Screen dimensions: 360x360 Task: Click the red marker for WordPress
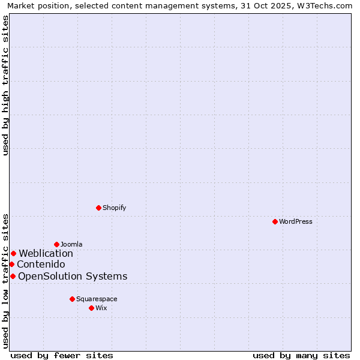click(275, 221)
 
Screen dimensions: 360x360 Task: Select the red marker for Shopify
click(98, 208)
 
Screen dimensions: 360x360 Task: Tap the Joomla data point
click(56, 244)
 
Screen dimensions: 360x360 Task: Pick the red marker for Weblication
click(13, 253)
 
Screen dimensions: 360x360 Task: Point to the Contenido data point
click(11, 264)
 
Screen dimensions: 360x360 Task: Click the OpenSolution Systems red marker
click(13, 276)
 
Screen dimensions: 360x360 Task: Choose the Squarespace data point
click(72, 299)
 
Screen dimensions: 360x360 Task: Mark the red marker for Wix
click(91, 308)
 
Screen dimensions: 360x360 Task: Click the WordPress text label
click(296, 221)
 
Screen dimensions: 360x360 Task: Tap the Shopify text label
click(114, 208)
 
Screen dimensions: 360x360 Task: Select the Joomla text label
click(71, 244)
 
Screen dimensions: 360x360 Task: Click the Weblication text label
click(46, 253)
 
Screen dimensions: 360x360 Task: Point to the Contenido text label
click(41, 264)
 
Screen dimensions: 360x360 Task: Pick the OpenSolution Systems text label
click(73, 276)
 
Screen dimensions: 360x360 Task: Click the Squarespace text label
click(97, 299)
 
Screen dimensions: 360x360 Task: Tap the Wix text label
click(101, 308)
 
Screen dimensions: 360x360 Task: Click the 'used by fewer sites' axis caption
click(62, 355)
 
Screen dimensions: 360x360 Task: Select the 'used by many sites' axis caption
click(301, 355)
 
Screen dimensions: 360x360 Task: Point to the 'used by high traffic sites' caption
click(5, 85)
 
